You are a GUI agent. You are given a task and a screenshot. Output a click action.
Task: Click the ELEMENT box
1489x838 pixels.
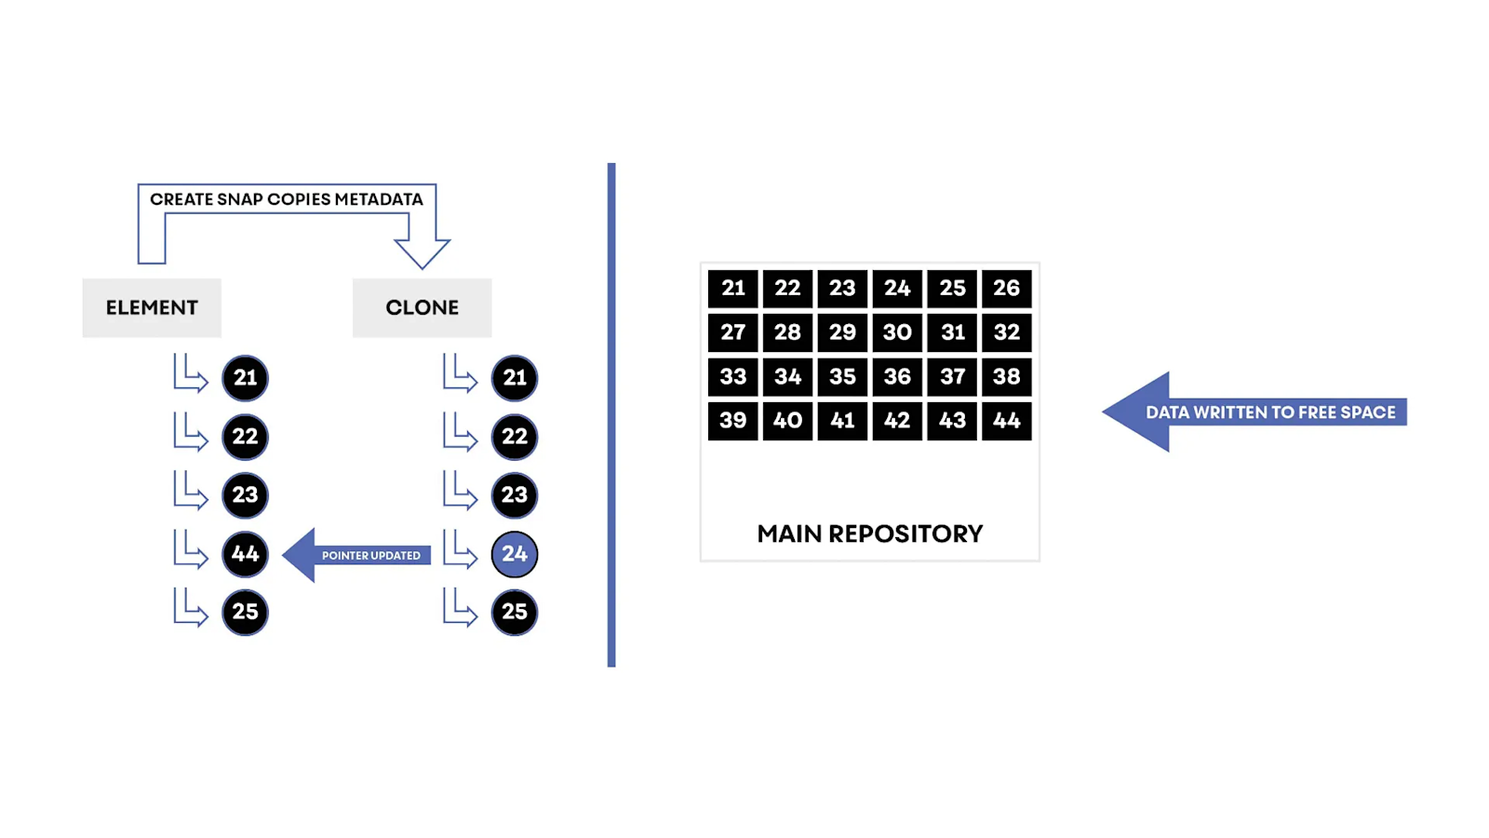click(152, 307)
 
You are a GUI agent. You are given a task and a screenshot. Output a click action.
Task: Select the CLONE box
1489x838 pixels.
click(422, 307)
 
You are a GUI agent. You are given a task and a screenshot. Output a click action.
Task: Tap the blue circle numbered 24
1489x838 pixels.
click(515, 554)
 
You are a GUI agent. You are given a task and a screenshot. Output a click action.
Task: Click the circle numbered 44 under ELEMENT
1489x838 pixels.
click(245, 554)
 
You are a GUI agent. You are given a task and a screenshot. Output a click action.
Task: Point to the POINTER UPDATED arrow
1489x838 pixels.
click(358, 555)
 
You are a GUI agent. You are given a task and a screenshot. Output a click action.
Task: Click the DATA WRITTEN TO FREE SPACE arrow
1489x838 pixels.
click(1256, 412)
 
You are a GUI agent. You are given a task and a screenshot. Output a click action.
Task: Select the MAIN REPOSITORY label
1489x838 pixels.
click(869, 534)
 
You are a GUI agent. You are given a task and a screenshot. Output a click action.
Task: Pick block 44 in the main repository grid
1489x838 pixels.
click(1006, 421)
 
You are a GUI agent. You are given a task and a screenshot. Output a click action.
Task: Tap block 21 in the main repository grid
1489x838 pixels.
click(732, 289)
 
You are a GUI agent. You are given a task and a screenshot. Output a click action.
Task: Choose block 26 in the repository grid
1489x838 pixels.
click(1006, 289)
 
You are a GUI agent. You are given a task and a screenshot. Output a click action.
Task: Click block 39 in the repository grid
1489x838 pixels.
click(732, 421)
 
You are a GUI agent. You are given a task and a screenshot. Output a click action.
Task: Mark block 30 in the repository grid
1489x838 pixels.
click(897, 332)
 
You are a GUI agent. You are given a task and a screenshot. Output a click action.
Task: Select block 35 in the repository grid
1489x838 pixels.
click(842, 377)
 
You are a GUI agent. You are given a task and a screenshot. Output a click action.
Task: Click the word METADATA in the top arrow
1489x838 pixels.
click(379, 199)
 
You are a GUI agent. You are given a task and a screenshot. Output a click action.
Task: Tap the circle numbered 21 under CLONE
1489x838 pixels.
click(515, 378)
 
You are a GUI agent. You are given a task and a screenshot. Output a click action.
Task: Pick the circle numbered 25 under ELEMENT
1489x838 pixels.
click(245, 612)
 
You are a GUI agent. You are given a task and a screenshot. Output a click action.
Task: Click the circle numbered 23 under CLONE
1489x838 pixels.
click(515, 495)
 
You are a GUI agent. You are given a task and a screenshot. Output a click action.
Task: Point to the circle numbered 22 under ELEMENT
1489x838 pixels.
click(245, 437)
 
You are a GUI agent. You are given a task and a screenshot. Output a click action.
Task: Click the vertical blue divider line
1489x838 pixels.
click(611, 414)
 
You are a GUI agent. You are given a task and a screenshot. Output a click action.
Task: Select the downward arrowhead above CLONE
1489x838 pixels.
click(422, 251)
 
